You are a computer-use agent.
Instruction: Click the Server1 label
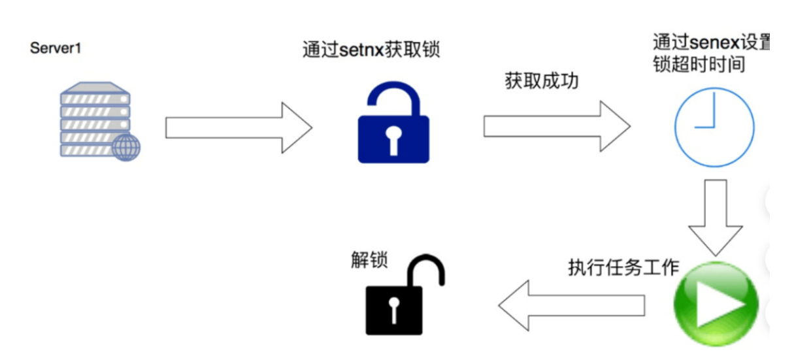(56, 48)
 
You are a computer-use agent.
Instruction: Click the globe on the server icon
(126, 147)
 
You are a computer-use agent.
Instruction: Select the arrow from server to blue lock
(238, 127)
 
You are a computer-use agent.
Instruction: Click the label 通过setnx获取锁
(371, 50)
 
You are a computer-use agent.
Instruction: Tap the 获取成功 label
(541, 80)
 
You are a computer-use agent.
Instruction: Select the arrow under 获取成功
(556, 126)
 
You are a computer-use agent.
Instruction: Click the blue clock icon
(714, 127)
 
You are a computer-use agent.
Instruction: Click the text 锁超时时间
(699, 65)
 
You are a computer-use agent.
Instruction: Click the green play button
(716, 304)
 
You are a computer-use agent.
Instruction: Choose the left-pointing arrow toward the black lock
(571, 305)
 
